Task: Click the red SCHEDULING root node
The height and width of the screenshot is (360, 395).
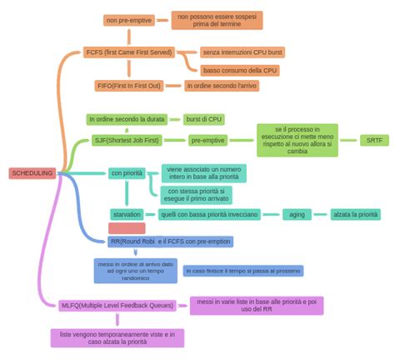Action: point(32,173)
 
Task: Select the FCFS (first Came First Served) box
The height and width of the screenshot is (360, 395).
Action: point(128,52)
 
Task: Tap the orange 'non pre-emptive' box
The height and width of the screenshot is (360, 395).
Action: point(128,20)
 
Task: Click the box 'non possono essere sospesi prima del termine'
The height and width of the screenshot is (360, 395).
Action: point(217,20)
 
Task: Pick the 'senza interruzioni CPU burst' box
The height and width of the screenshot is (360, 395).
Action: point(242,52)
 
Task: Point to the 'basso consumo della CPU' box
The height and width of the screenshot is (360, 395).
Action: point(239,70)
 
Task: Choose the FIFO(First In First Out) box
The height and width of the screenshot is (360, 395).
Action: point(128,86)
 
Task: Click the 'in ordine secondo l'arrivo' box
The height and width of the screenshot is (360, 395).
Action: point(222,86)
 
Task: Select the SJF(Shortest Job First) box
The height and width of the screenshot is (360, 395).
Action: point(127,140)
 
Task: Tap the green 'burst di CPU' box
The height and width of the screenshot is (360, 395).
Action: point(204,119)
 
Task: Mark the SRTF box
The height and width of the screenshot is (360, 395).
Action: point(374,140)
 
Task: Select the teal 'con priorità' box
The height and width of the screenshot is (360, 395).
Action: point(127,173)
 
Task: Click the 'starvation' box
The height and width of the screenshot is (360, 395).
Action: point(127,214)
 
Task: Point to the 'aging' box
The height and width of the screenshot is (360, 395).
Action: point(297,214)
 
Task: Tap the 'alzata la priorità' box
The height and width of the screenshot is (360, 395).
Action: point(356,214)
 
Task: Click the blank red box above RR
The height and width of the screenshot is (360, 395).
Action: point(127,228)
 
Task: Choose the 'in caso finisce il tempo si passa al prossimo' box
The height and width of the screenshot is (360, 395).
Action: point(242,271)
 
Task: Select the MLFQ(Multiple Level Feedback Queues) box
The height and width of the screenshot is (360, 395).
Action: point(117,305)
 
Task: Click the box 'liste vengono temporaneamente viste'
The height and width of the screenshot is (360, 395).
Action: point(117,337)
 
